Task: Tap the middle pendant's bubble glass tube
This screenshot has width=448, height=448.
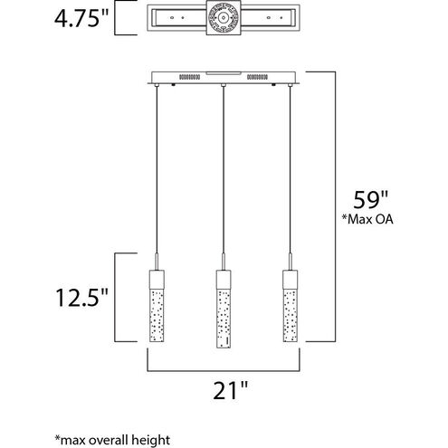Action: (220, 312)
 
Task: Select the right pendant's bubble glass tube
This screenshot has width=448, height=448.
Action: (290, 312)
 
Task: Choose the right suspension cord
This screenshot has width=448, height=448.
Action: (290, 172)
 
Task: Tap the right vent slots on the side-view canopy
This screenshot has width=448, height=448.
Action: (260, 78)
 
